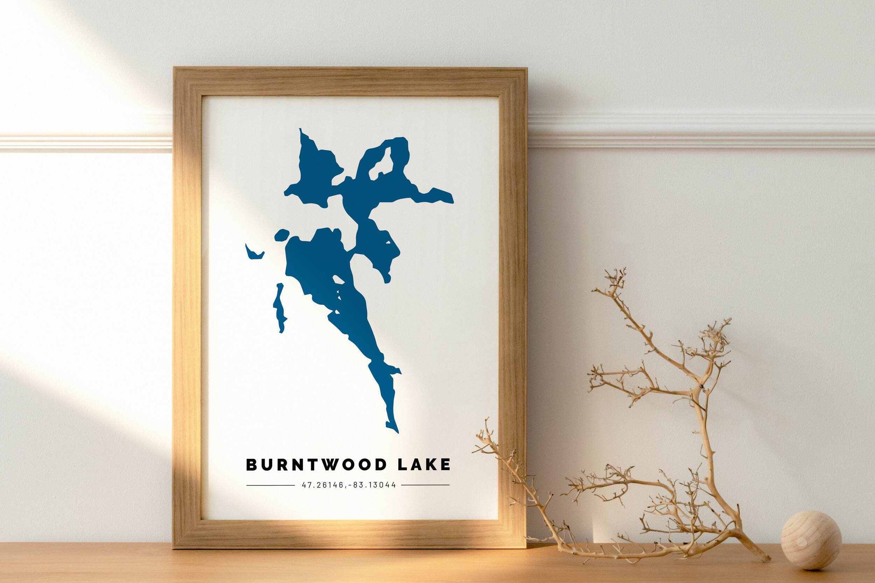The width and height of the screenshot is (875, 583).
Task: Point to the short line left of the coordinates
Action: [270, 485]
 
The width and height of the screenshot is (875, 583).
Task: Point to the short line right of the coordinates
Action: [425, 485]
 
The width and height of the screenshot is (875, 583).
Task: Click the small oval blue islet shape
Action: [282, 235]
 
